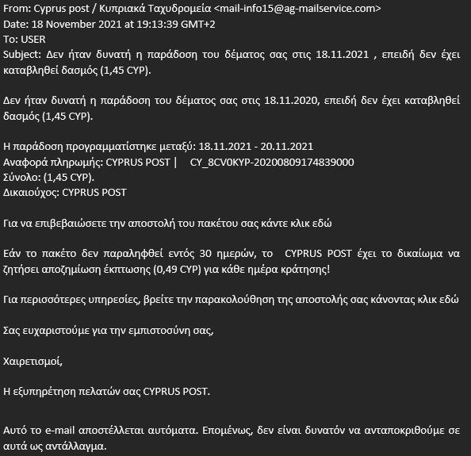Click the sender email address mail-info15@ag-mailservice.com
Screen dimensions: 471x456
[x=299, y=10]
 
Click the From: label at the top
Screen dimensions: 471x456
[x=19, y=10]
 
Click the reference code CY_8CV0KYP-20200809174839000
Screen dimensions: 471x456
[x=272, y=162]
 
